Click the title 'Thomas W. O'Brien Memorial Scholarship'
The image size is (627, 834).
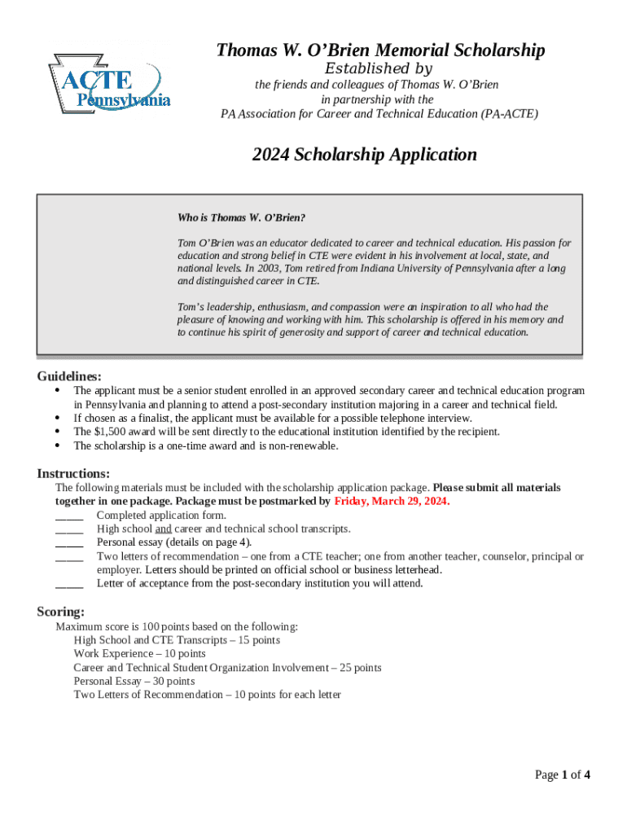pyautogui.click(x=380, y=51)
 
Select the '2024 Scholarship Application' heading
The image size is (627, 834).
pyautogui.click(x=364, y=155)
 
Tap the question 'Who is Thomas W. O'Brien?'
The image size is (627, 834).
pyautogui.click(x=241, y=218)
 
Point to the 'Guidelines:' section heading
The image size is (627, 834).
pyautogui.click(x=69, y=376)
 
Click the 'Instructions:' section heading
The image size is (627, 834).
pyautogui.click(x=73, y=474)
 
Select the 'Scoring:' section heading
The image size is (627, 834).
pyautogui.click(x=61, y=612)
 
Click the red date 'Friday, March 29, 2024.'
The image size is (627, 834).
pyautogui.click(x=392, y=502)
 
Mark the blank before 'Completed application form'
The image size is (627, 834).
pyautogui.click(x=69, y=516)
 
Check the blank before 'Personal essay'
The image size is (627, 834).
pyautogui.click(x=69, y=542)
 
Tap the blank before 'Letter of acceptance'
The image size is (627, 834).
pyautogui.click(x=69, y=584)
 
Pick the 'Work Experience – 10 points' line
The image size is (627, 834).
pyautogui.click(x=139, y=654)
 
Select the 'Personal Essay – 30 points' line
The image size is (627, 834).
pyautogui.click(x=134, y=681)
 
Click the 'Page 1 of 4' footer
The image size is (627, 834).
pyautogui.click(x=562, y=775)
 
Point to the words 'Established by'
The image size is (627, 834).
pyautogui.click(x=379, y=69)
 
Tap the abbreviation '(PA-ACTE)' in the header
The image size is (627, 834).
pyautogui.click(x=509, y=114)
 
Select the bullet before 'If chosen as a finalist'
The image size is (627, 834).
pyautogui.click(x=57, y=418)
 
